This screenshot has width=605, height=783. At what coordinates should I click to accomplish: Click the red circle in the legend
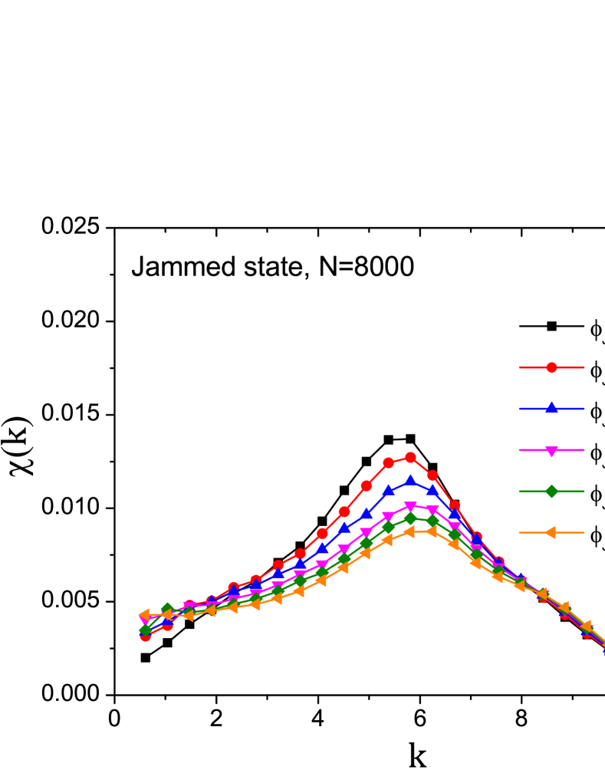pos(551,367)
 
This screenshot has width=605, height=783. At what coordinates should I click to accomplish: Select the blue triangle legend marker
pos(551,408)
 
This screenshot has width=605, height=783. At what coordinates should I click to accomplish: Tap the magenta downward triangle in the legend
pos(551,451)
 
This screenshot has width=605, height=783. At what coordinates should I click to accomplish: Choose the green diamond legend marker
pos(551,491)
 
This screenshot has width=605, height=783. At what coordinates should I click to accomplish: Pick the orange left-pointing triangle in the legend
pos(550,532)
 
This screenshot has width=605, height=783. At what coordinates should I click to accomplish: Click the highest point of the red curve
pos(410,458)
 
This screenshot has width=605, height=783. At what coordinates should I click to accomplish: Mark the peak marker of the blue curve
pos(410,481)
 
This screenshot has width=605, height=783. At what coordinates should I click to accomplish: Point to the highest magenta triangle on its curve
pos(410,507)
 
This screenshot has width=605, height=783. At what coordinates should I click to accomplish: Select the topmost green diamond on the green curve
pos(410,519)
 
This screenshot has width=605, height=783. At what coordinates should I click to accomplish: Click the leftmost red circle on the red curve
pos(146,636)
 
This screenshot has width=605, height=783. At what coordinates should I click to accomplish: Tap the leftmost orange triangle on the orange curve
pos(144,615)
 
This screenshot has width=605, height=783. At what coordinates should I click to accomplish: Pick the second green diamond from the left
pos(167,610)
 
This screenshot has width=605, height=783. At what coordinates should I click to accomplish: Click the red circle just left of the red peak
pos(388,462)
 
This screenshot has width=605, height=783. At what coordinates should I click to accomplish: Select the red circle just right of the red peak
pos(432,475)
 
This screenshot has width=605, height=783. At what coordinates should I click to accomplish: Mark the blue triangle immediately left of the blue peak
pos(388,490)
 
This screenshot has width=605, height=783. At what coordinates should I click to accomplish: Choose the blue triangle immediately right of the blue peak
pos(432,489)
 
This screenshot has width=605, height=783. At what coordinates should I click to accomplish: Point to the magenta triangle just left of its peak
pos(388,518)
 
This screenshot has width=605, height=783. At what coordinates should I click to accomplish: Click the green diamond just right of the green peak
pos(432,521)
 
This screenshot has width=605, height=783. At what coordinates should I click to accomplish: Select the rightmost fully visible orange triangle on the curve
pos(586,626)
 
